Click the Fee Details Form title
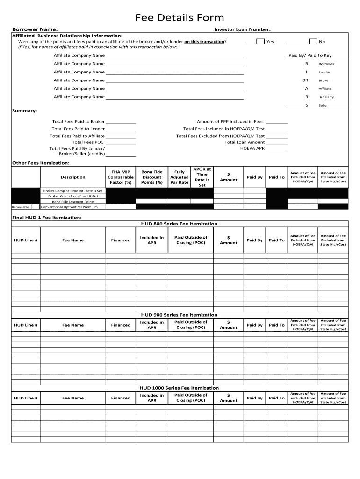tap(180, 18)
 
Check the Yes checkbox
tap(260, 42)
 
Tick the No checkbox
tap(313, 42)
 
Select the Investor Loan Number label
tap(242, 29)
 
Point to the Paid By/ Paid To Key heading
tap(310, 55)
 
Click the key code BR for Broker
tap(306, 80)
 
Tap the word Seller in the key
tap(323, 105)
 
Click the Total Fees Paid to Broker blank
tap(121, 122)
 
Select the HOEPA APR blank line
tap(277, 149)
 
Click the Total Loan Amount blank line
tap(277, 142)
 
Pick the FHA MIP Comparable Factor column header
tap(121, 177)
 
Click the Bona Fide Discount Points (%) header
tap(151, 177)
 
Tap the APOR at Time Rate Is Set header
tap(202, 177)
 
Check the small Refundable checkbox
tap(36, 207)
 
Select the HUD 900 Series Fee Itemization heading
tap(179, 315)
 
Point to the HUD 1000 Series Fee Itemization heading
tap(179, 388)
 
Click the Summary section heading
tap(24, 111)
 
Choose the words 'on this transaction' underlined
tap(204, 42)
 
